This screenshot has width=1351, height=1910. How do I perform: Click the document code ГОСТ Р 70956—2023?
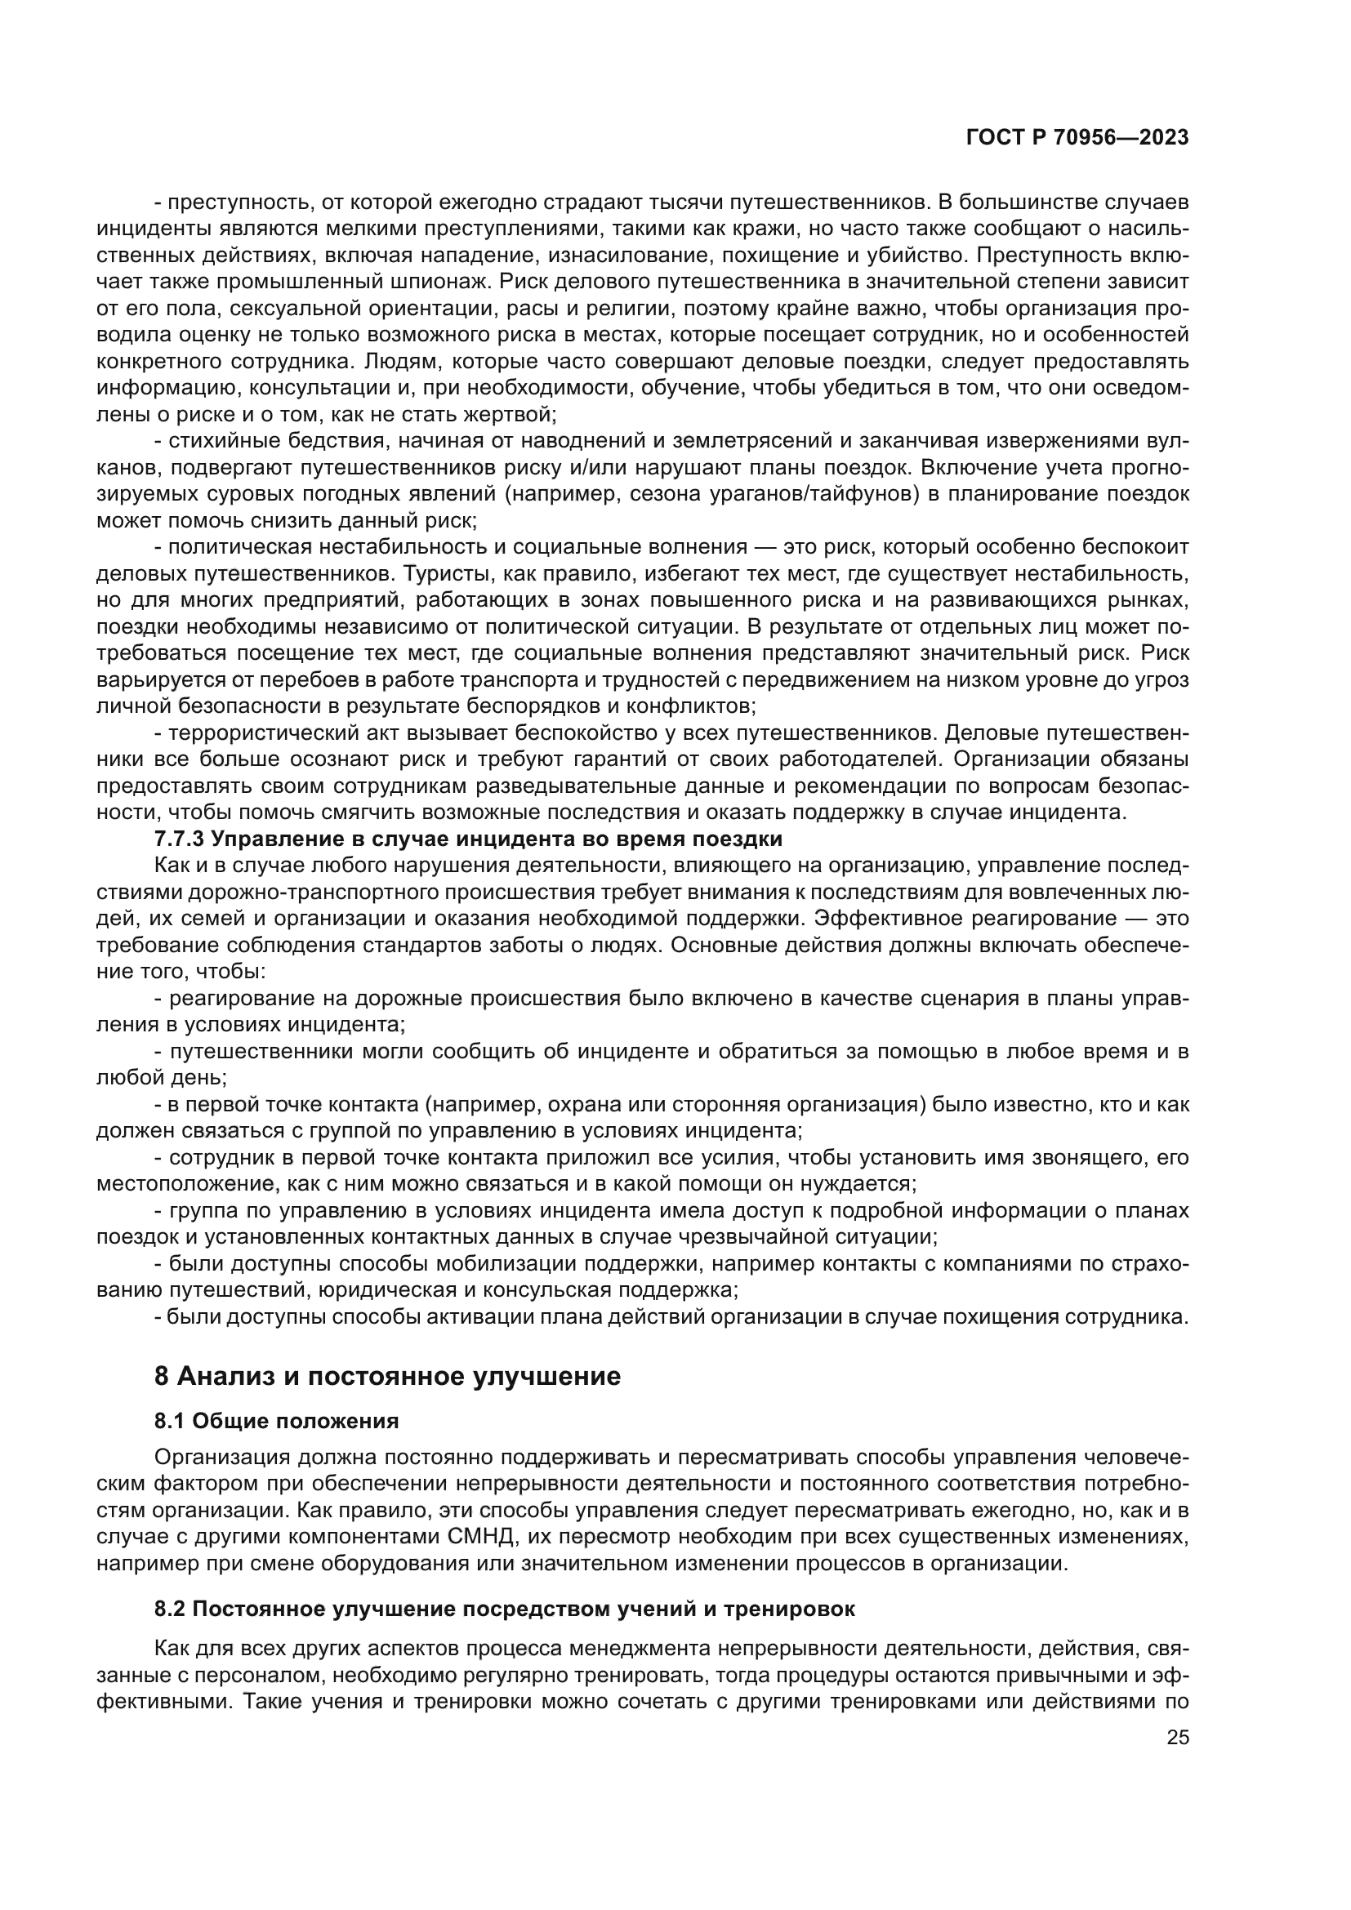[x=1077, y=138]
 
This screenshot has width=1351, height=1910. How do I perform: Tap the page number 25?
[x=1177, y=1738]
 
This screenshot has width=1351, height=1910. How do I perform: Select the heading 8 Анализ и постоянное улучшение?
[x=387, y=1400]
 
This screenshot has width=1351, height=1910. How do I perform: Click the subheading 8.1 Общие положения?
[x=276, y=1445]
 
